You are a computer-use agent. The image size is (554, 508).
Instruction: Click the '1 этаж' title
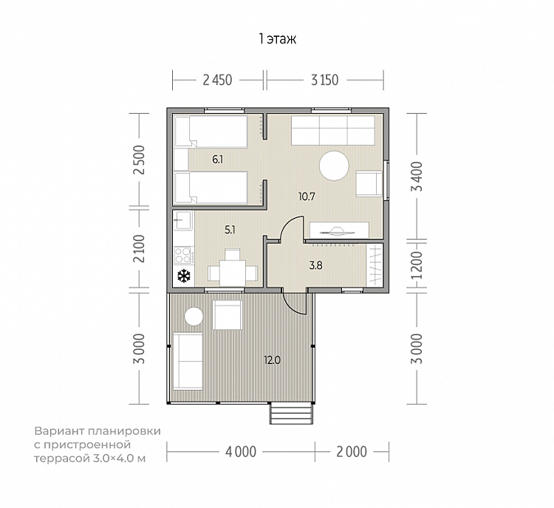278,38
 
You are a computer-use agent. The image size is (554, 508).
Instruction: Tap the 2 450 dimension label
217,80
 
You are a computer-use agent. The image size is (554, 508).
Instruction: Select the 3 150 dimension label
325,80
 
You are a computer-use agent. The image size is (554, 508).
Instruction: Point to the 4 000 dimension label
241,452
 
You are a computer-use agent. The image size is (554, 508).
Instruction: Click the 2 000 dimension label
352,452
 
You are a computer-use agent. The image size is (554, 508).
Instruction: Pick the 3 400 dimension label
417,176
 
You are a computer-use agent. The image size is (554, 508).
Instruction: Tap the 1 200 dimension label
417,265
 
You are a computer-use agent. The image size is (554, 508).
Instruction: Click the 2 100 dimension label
139,248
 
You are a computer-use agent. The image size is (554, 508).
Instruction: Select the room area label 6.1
218,159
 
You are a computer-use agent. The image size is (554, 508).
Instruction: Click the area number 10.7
307,196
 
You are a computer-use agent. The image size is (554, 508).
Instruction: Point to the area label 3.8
315,265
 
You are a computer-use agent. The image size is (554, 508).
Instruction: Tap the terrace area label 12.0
272,360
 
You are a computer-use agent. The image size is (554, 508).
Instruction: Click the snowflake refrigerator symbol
184,275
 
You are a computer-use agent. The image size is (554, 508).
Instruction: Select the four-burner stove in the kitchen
183,255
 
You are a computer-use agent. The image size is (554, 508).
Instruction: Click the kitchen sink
182,220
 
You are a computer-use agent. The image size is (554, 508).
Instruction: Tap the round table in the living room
334,165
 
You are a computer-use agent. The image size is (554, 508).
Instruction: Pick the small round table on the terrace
194,317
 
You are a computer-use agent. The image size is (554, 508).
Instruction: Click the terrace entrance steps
292,413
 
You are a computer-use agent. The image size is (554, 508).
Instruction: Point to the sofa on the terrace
188,361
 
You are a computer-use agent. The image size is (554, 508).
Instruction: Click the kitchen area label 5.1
230,230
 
